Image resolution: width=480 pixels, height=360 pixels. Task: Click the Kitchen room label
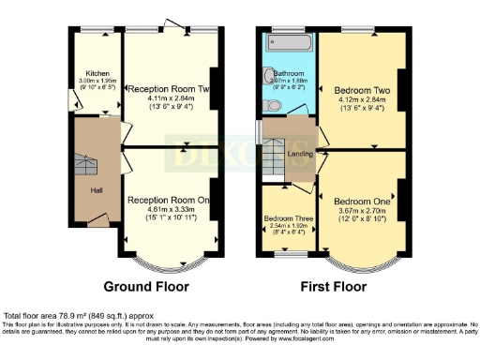click(x=97, y=73)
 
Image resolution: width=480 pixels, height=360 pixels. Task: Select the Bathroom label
click(x=288, y=73)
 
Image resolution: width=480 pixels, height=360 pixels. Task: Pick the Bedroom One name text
click(x=360, y=202)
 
